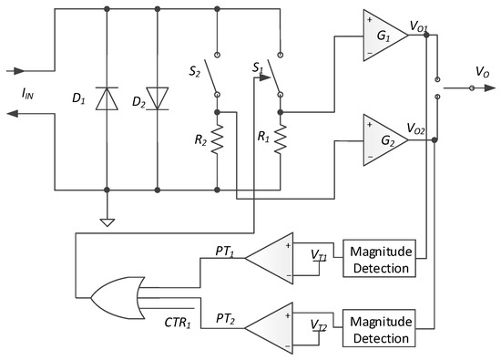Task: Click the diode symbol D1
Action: (x=107, y=98)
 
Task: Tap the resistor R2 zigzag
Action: (x=217, y=143)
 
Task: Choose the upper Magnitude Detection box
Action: (x=377, y=258)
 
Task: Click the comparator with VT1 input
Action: (x=279, y=259)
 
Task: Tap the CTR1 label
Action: (x=178, y=321)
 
